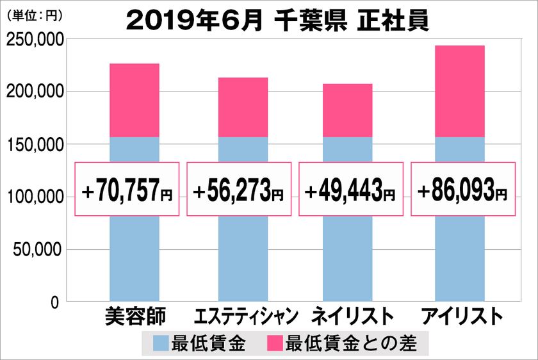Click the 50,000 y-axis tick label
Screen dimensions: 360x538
tap(38, 249)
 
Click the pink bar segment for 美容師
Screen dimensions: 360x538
tap(134, 101)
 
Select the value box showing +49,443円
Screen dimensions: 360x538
tap(351, 189)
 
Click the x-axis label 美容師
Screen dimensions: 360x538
tap(134, 316)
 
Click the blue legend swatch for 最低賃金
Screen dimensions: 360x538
tap(161, 343)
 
